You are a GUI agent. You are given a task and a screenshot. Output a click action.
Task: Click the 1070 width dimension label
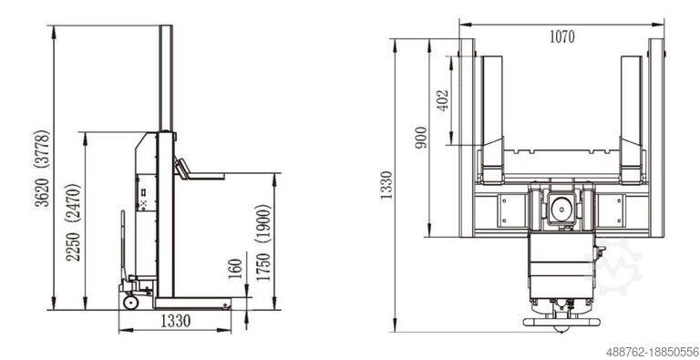(562, 37)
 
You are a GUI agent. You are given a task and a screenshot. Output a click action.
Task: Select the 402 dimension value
(442, 100)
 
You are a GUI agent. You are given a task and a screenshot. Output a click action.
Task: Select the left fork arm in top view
(493, 118)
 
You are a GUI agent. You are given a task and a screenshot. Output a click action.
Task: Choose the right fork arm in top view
(632, 118)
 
